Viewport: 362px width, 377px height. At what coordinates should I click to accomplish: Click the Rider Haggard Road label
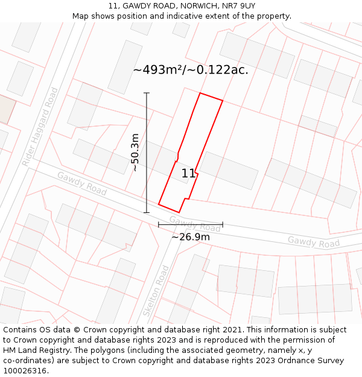click(40, 127)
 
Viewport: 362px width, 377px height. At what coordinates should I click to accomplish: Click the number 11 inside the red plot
click(189, 174)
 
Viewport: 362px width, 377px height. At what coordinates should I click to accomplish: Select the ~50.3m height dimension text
click(135, 153)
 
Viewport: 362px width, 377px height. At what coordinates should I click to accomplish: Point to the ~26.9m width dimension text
click(191, 236)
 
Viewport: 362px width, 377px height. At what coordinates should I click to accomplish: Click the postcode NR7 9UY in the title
click(238, 6)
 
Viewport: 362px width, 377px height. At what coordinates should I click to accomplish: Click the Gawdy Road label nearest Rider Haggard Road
click(82, 183)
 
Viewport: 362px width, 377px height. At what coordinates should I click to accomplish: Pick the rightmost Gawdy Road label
click(313, 242)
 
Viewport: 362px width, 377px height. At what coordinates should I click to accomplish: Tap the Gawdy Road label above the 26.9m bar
click(195, 224)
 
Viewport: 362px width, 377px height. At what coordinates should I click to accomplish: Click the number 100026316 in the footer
click(24, 371)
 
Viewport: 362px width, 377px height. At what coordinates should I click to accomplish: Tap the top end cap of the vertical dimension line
click(147, 93)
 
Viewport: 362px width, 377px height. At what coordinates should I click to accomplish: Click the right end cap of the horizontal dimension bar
click(223, 224)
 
